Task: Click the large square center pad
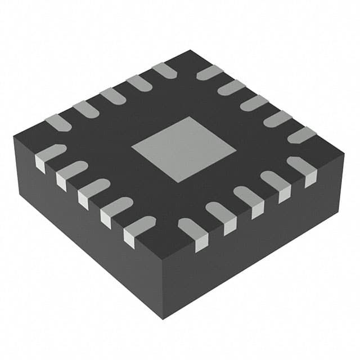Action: (184, 149)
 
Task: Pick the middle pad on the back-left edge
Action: (112, 96)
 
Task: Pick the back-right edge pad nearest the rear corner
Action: (209, 72)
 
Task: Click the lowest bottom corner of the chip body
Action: (163, 318)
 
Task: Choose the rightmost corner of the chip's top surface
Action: (344, 152)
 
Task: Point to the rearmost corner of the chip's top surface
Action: (191, 51)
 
